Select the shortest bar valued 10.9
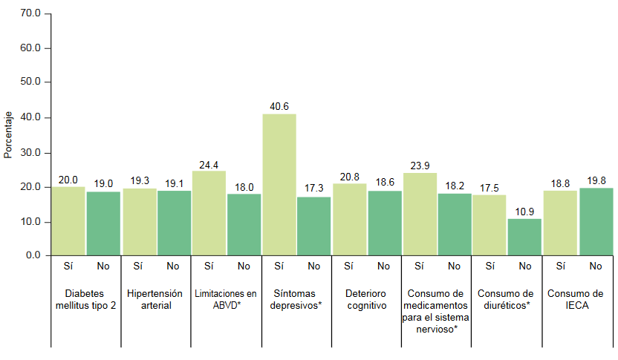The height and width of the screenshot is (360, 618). point(524,237)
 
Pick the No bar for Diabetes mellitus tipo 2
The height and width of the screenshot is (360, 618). point(103,223)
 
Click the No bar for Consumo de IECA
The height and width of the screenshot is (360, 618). point(596,221)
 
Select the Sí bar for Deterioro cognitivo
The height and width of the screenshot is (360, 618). point(349,219)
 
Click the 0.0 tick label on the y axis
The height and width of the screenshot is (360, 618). point(33,255)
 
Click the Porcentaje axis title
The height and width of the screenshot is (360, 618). point(8,135)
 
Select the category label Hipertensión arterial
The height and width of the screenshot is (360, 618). point(156,299)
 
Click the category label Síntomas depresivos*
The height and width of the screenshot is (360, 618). point(296,299)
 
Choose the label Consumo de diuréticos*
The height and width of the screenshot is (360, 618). point(506,299)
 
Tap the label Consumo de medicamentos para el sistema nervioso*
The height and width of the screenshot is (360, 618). point(436,310)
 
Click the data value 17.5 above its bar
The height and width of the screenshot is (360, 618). point(489,188)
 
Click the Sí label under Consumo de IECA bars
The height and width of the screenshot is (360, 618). point(560,266)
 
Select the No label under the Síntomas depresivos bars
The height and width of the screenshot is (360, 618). point(313,266)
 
